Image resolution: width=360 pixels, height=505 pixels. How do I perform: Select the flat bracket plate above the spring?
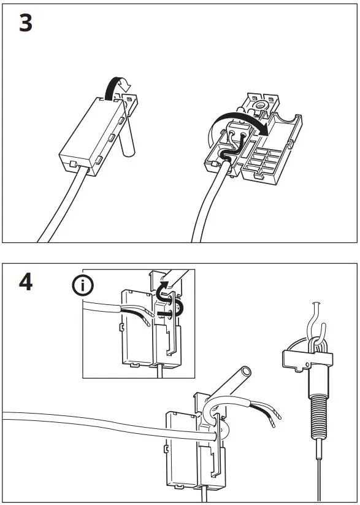307,358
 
